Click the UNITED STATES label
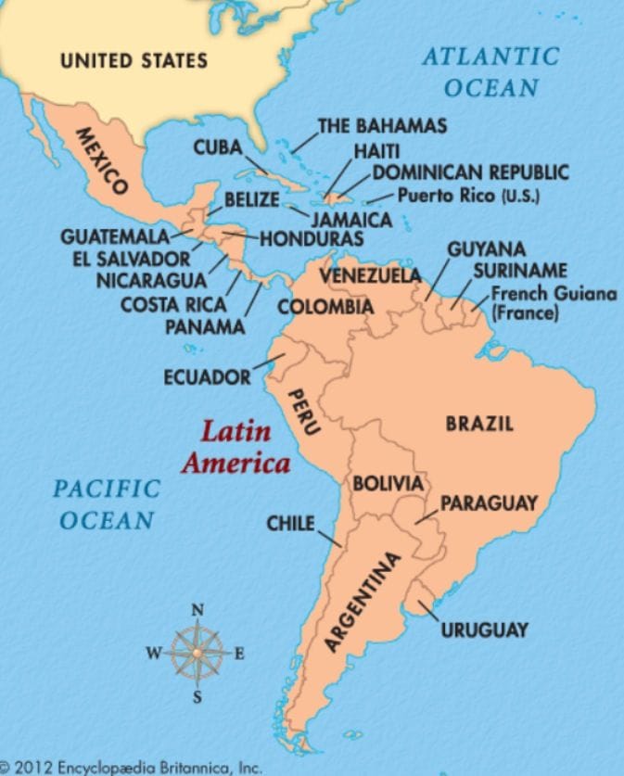pos(134,61)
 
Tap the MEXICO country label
pos(101,159)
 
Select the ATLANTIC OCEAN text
pos(490,71)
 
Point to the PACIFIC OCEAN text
pos(107,503)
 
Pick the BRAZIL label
pos(479,424)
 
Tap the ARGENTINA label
pos(363,602)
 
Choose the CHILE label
pos(290,523)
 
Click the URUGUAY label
pos(484,630)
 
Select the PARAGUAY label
pos(488,503)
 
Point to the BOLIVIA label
pos(388,483)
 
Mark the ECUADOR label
pos(207,377)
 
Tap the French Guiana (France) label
pos(553,304)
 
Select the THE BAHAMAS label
pos(382,125)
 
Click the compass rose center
pos(197,652)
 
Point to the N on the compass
pos(197,610)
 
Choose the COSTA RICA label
pos(174,304)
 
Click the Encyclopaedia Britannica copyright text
pos(132,767)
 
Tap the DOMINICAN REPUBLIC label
pos(470,172)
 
